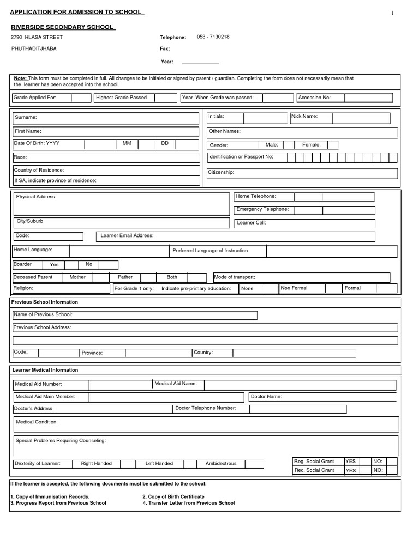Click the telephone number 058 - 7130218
[x=213, y=37]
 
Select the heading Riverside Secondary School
[x=63, y=27]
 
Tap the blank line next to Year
[x=200, y=62]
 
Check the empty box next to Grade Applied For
[x=81, y=98]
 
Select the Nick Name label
[x=304, y=117]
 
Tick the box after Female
[x=333, y=145]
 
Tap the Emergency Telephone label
[x=262, y=210]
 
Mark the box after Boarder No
[x=108, y=265]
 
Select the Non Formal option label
[x=294, y=288]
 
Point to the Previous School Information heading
[x=45, y=302]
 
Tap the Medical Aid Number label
[x=39, y=384]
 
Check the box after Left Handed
[x=189, y=464]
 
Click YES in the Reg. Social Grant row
[x=350, y=462]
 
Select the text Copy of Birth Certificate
[x=176, y=496]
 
